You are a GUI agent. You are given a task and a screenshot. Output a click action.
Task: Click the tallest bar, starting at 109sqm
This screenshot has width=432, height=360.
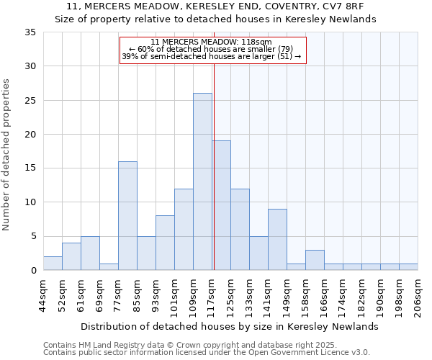coord(202,181)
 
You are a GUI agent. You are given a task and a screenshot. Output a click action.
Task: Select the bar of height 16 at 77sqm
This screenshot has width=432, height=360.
coord(127,216)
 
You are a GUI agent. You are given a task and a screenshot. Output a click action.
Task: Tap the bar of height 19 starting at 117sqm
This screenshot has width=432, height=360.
coord(222,205)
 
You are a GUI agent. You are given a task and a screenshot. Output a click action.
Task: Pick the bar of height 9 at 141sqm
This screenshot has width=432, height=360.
coord(277,239)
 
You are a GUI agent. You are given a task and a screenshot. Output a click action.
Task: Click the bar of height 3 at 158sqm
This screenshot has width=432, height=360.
coord(315,260)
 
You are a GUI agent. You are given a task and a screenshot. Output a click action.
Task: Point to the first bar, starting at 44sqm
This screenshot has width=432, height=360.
coord(53,264)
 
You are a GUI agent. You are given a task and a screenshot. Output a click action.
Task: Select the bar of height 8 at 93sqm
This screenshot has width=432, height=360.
coord(165,243)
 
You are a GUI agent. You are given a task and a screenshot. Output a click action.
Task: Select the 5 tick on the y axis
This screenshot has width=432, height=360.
coord(33,236)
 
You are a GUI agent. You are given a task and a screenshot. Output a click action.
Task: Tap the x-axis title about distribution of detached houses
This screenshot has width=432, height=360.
coord(230,326)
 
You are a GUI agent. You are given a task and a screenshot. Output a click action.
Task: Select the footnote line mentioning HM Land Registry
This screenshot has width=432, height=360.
coord(206,345)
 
